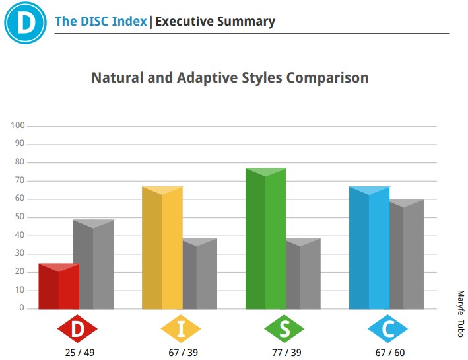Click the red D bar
coord(59,286)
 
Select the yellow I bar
coord(162,248)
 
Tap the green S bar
coord(265,238)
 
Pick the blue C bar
coord(369,248)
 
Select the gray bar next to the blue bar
coord(407,254)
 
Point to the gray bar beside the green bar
coord(304,273)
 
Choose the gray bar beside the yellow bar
coord(200,273)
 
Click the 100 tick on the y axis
coord(18,126)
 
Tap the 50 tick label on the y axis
coord(20,217)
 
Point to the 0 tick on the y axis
coord(22,308)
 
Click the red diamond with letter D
coord(77,329)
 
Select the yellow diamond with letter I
coord(181,329)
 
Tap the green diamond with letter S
coord(284,329)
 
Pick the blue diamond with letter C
coord(387,329)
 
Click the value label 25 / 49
coord(80,353)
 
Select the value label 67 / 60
coord(390,353)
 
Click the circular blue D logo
coord(25,22)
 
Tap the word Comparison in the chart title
coord(327,78)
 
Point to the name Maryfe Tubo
coord(461,314)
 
